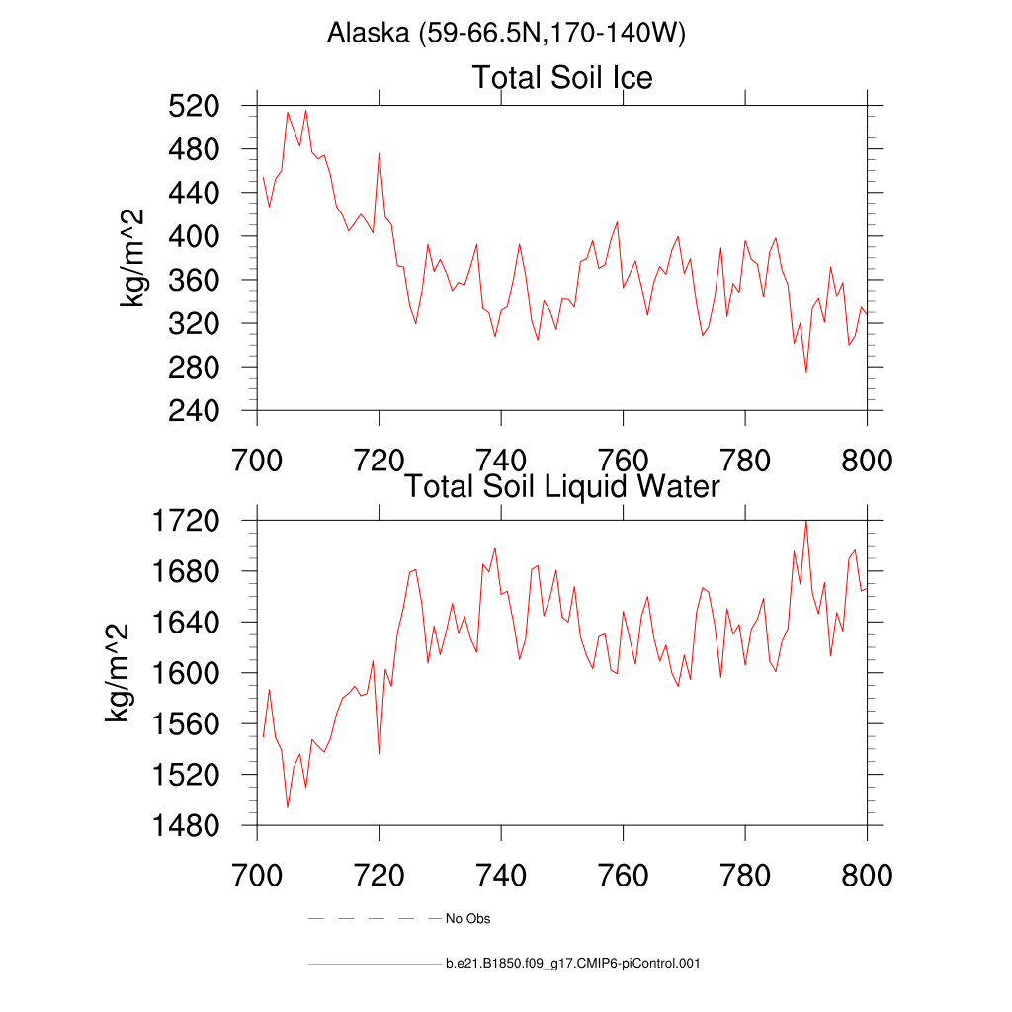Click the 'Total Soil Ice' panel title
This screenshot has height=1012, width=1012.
pos(562,77)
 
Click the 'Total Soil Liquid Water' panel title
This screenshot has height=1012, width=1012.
pos(562,486)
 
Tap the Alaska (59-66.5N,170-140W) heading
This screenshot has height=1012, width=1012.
pos(506,34)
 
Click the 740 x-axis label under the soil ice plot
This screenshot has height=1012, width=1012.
pos(502,462)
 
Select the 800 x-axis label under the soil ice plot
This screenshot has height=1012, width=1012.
pos(866,462)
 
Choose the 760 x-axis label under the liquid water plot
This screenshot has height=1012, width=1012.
pos(624,876)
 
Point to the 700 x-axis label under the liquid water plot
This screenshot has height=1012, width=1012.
pos(258,876)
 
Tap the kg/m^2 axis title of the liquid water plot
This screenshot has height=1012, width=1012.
pos(120,672)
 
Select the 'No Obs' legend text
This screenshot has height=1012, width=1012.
pos(467,919)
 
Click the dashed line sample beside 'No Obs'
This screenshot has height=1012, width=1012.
pos(375,919)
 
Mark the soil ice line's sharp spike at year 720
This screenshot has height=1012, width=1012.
pos(379,154)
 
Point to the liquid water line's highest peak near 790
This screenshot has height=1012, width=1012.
pos(806,521)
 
